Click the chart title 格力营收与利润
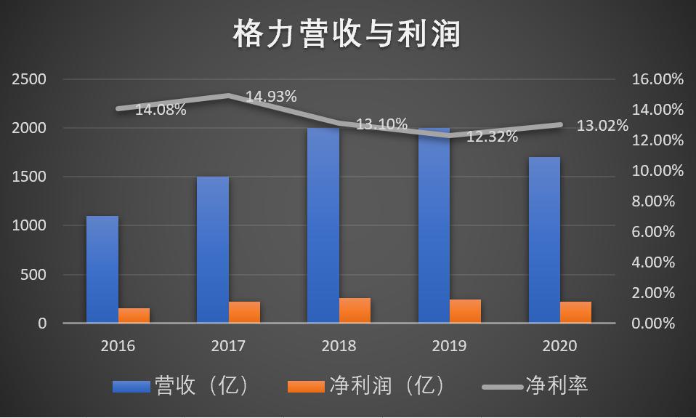[347, 34]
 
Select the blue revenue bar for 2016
[102, 269]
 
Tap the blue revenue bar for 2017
[213, 249]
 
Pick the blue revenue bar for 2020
[544, 240]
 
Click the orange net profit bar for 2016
[134, 315]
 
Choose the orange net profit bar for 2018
[355, 310]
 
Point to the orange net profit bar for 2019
[465, 311]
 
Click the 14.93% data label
[271, 96]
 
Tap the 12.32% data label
[492, 136]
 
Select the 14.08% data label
[161, 110]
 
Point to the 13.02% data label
[602, 126]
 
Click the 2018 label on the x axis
[339, 345]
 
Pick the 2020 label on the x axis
[559, 345]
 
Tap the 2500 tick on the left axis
[29, 79]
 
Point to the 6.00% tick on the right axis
[658, 232]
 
